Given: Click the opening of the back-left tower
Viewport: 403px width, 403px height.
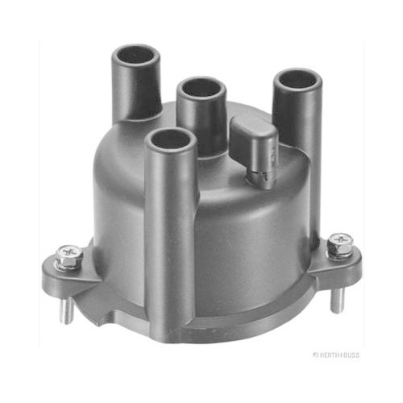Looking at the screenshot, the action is click(135, 56).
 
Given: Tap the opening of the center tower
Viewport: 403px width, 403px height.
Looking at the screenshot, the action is click(201, 88).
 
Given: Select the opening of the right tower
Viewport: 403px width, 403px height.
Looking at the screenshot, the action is click(297, 79).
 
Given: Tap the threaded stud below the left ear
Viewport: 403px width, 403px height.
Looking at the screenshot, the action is click(66, 310).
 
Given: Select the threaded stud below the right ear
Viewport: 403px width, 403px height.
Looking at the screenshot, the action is click(337, 301).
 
